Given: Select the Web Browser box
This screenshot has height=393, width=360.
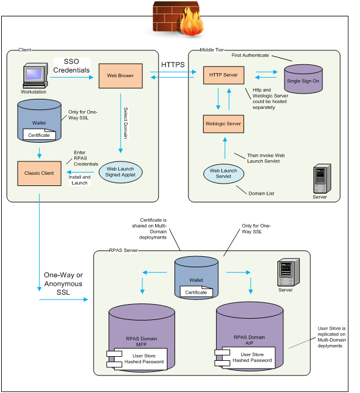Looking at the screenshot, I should click(x=120, y=75).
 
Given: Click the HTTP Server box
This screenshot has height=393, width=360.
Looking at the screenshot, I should click(x=223, y=75).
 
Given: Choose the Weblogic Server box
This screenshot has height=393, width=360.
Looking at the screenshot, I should click(x=223, y=124).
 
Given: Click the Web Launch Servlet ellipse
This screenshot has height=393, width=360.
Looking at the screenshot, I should click(x=223, y=173).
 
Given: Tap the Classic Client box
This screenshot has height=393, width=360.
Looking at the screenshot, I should click(x=39, y=173).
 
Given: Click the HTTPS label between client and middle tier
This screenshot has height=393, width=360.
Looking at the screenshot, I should click(x=173, y=64).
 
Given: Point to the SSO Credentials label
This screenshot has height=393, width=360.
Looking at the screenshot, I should click(x=71, y=66).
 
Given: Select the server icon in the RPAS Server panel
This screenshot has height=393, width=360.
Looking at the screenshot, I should click(x=285, y=272).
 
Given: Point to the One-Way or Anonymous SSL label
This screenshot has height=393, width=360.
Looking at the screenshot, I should click(x=63, y=284).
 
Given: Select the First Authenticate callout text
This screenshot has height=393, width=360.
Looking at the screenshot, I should click(x=250, y=55).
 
